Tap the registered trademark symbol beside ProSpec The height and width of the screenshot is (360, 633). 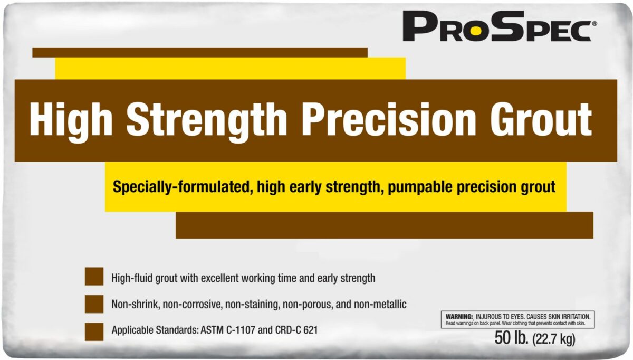(594, 24)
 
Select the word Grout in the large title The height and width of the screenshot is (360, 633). (541, 119)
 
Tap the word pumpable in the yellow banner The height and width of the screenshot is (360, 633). (420, 187)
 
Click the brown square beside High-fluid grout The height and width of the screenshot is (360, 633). (94, 276)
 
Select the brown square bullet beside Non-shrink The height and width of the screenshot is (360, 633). (94, 304)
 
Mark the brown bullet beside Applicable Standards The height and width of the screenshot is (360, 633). (94, 331)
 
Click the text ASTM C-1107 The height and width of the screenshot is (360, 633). (228, 330)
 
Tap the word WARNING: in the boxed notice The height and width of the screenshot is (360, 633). (459, 317)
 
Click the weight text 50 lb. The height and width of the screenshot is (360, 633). (512, 338)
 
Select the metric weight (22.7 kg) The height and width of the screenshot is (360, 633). (554, 339)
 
